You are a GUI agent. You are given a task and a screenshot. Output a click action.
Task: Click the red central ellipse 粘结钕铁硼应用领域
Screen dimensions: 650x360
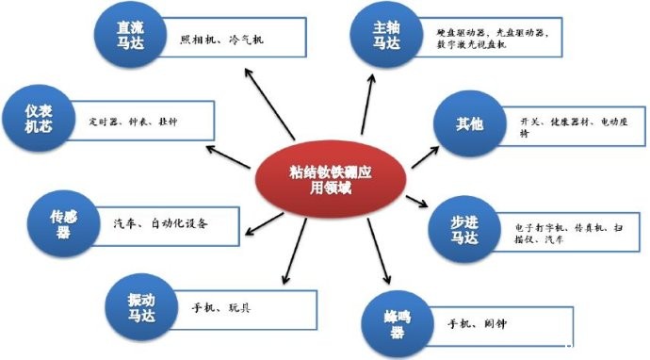(x=332, y=175)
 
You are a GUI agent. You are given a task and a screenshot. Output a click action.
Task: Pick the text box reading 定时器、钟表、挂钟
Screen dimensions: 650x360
(x=141, y=123)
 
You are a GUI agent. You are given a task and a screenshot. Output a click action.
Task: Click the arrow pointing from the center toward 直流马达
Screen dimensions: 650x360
(x=266, y=108)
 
